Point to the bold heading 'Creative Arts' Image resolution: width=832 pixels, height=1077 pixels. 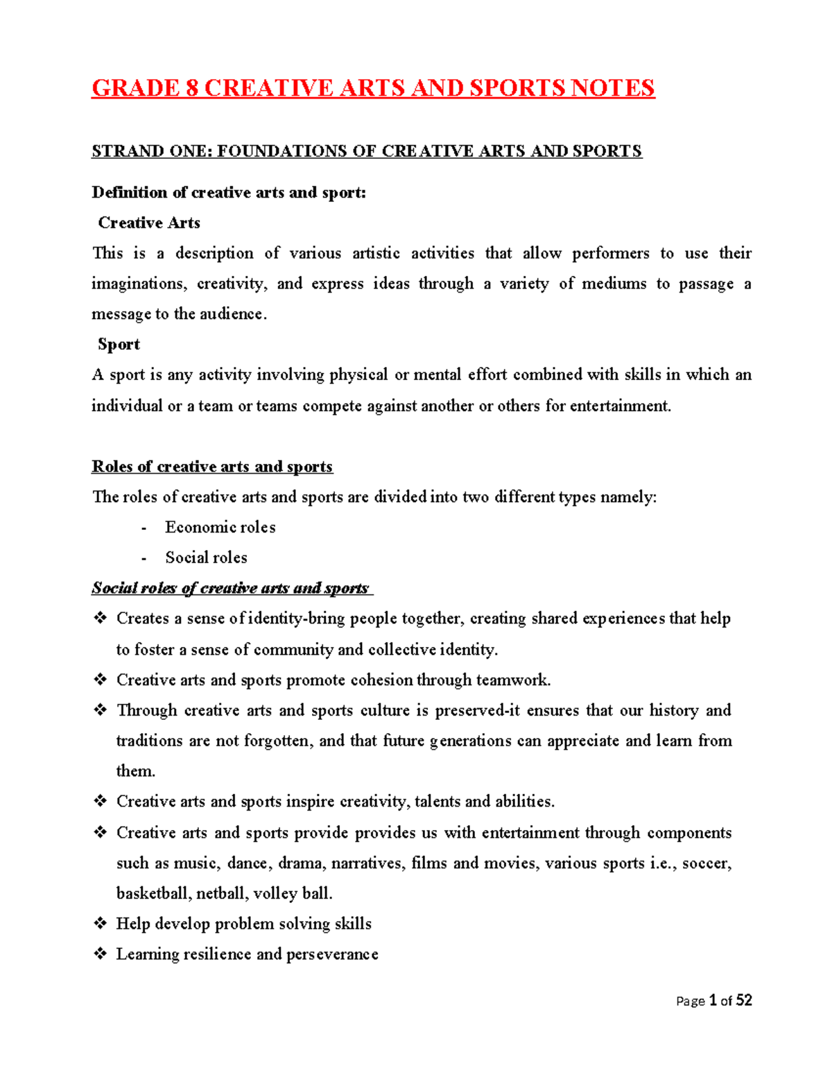click(x=149, y=223)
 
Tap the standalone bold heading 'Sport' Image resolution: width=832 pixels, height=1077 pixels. click(x=119, y=345)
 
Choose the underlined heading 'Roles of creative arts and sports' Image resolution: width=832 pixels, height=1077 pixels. click(x=212, y=467)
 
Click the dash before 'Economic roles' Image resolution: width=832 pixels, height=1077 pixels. click(x=144, y=528)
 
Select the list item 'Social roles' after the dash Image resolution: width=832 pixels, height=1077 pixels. click(x=206, y=558)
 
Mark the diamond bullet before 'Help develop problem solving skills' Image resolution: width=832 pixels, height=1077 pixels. click(x=101, y=923)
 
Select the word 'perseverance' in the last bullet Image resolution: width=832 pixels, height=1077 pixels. click(x=332, y=954)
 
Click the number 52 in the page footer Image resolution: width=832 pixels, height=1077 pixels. click(x=744, y=1000)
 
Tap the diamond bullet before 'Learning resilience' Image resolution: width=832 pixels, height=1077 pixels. click(x=101, y=954)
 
